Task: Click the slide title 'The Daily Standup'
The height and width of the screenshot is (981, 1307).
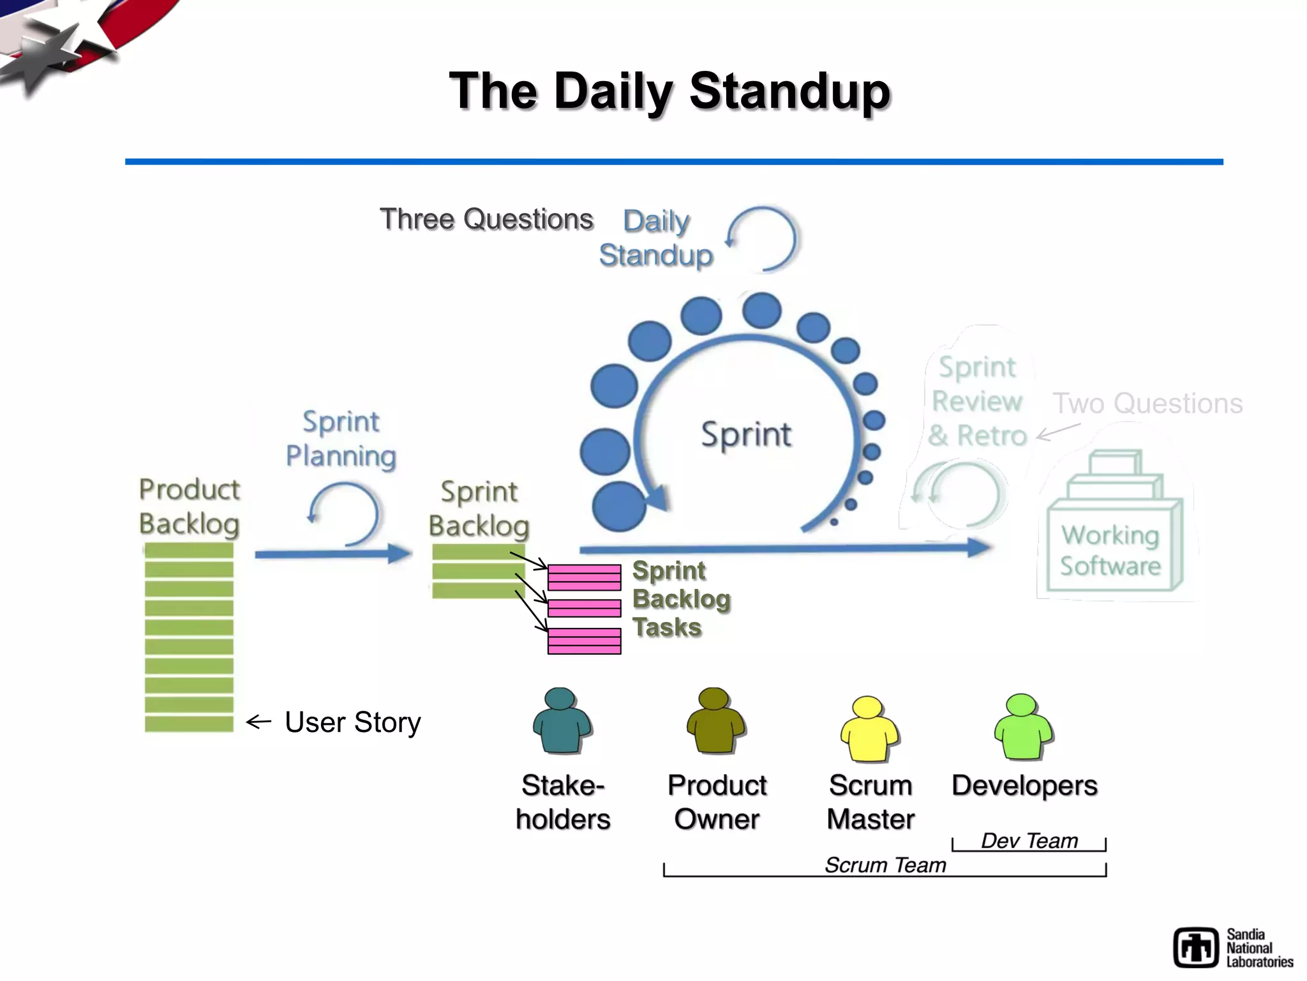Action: [669, 91]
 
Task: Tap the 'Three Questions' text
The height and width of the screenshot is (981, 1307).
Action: [486, 219]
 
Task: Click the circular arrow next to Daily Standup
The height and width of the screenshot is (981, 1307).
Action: [763, 240]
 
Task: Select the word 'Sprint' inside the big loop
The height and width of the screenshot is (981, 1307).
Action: [745, 435]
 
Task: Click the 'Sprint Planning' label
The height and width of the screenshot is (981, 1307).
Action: [341, 439]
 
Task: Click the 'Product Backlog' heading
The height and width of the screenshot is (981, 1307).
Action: [189, 506]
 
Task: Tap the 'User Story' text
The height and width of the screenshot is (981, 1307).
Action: [352, 722]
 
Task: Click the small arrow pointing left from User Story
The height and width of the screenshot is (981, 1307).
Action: [258, 722]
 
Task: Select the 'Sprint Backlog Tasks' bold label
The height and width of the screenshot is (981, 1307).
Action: [680, 599]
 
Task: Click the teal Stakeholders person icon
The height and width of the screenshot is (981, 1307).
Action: [562, 721]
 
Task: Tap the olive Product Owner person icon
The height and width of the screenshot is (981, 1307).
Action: [715, 721]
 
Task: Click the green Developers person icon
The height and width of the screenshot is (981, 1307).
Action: [1023, 727]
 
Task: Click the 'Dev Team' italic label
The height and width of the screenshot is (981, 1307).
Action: [1029, 841]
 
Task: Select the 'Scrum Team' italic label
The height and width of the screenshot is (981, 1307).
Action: [885, 865]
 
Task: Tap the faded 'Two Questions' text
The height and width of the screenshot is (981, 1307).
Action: [1147, 404]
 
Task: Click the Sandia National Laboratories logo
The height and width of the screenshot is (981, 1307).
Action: [1232, 948]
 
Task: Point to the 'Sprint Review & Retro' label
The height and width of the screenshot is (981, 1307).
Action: [976, 402]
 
